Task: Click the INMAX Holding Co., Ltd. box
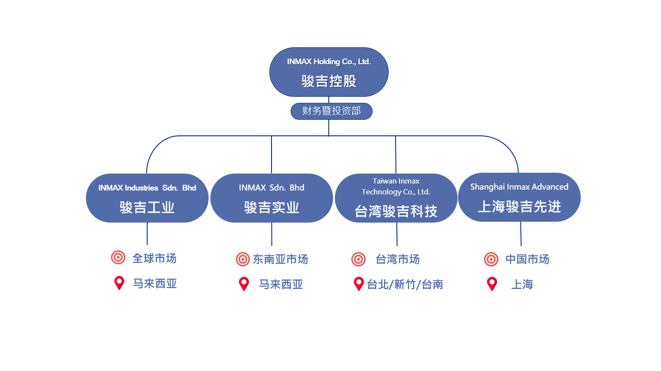pyautogui.click(x=329, y=72)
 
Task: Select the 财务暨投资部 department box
pyautogui.click(x=331, y=111)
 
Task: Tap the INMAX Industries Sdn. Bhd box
pyautogui.click(x=147, y=198)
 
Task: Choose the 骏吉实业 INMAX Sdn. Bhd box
pyautogui.click(x=272, y=198)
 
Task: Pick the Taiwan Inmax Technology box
pyautogui.click(x=396, y=198)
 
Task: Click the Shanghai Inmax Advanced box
pyautogui.click(x=519, y=197)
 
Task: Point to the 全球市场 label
pyautogui.click(x=154, y=258)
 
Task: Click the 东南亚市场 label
pyautogui.click(x=280, y=259)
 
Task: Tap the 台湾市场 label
pyautogui.click(x=398, y=259)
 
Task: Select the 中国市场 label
pyautogui.click(x=527, y=259)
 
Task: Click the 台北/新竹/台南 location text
pyautogui.click(x=405, y=284)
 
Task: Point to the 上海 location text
pyautogui.click(x=522, y=284)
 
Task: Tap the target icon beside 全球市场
pyautogui.click(x=118, y=257)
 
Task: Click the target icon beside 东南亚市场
pyautogui.click(x=243, y=259)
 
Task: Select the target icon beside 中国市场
pyautogui.click(x=491, y=259)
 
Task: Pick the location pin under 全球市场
pyautogui.click(x=119, y=282)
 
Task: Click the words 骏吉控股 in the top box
pyautogui.click(x=329, y=81)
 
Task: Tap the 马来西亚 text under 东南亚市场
pyautogui.click(x=281, y=284)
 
